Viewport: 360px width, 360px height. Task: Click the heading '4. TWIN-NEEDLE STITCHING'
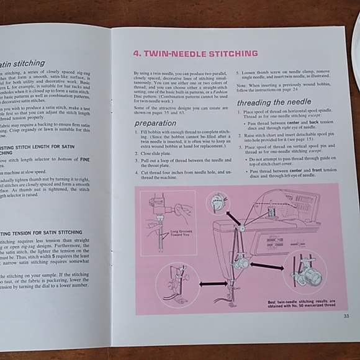pyautogui.click(x=196, y=54)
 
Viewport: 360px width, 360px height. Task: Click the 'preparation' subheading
pyautogui.click(x=156, y=123)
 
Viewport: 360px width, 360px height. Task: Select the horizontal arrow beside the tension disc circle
pyautogui.click(x=266, y=266)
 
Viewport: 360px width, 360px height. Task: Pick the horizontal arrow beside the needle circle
pyautogui.click(x=213, y=283)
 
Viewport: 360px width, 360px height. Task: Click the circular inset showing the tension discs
pyautogui.click(x=304, y=272)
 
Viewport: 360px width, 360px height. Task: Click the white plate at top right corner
pyautogui.click(x=356, y=37)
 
